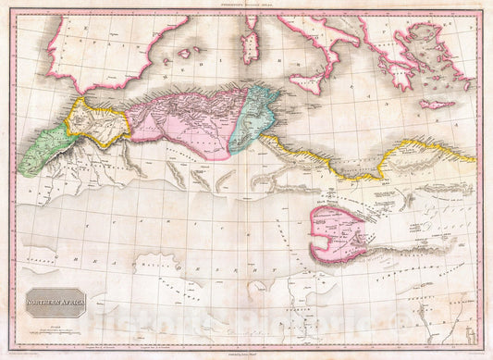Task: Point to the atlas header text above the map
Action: pos(246,6)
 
